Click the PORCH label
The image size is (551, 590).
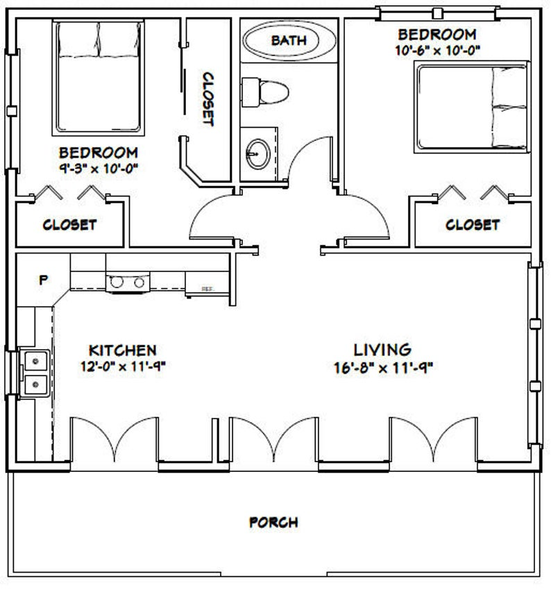click(274, 522)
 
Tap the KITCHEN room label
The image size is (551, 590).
click(123, 351)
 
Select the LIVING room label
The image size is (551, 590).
click(382, 350)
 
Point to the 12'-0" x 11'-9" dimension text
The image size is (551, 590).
click(123, 368)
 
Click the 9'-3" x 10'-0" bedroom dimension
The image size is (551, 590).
click(98, 168)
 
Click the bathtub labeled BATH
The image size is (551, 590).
click(289, 41)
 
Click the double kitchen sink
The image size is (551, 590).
click(33, 372)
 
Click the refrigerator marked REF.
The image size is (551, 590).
click(205, 285)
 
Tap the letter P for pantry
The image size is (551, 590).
click(43, 280)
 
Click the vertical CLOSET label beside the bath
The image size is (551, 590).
click(207, 99)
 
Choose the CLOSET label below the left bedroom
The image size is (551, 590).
click(69, 225)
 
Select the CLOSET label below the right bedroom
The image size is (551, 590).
click(472, 225)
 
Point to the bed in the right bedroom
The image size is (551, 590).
click(472, 106)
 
